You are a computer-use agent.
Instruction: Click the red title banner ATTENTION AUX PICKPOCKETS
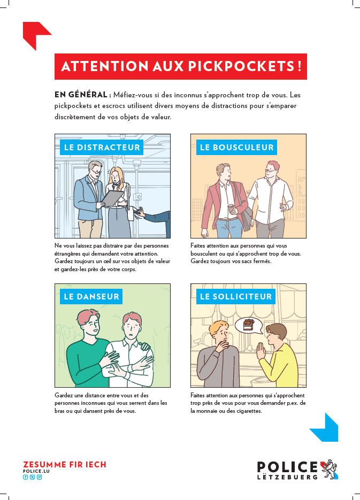coord(180,66)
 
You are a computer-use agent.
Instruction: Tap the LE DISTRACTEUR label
coord(102,147)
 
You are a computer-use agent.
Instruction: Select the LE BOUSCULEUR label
coord(236,147)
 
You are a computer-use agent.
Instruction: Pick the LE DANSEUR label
coord(91,297)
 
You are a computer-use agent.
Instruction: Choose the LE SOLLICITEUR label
coord(236,297)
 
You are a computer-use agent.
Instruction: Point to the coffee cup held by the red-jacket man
coord(232,209)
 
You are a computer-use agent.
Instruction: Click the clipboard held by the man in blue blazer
coord(112,198)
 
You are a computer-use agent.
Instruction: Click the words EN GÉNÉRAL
coord(81,95)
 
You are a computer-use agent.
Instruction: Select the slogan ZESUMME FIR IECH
coord(64,465)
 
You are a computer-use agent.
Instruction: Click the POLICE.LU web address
coord(36,471)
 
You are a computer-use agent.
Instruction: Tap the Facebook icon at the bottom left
coord(25,477)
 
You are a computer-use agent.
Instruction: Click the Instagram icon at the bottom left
coord(39,477)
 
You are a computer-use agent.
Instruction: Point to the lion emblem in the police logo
coord(329,469)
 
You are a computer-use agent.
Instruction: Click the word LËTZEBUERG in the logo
coord(287,477)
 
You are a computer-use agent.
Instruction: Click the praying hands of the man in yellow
coord(262,351)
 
